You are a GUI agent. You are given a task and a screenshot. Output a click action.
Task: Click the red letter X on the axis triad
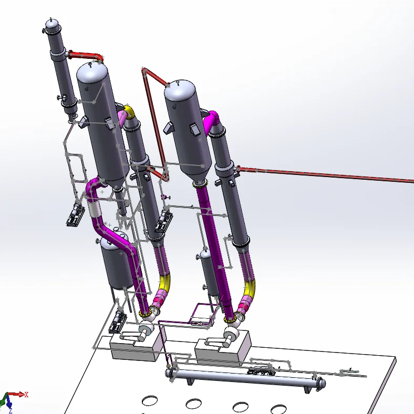tap(26, 395)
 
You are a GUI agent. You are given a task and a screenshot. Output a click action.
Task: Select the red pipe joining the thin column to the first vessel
tap(86, 56)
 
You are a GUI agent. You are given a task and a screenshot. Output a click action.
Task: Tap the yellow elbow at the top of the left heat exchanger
tap(129, 112)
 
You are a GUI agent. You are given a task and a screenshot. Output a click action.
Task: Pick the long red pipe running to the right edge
tap(325, 174)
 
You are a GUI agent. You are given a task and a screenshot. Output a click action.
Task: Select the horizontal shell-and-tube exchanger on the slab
tap(245, 379)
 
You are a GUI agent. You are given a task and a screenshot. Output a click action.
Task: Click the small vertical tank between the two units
tap(209, 272)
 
